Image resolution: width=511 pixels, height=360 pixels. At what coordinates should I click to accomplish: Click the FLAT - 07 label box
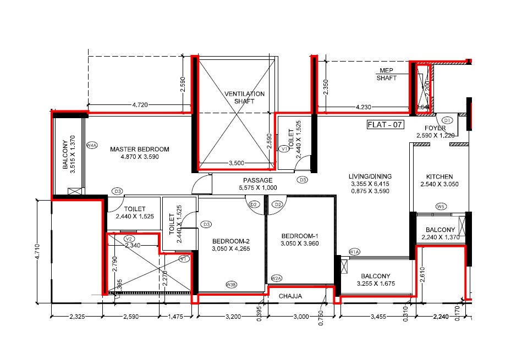click(385, 125)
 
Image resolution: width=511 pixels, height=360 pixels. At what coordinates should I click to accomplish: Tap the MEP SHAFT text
click(387, 74)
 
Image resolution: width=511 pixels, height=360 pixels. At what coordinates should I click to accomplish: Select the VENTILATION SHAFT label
click(245, 97)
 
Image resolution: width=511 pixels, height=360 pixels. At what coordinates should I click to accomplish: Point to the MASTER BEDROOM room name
click(139, 149)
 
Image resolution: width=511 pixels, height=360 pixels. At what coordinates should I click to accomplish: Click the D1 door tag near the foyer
click(447, 120)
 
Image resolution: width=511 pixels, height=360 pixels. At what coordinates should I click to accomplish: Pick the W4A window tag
click(92, 146)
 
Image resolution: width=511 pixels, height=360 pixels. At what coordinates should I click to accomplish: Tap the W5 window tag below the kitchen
click(440, 207)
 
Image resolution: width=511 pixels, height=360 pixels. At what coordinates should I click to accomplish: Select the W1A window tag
click(354, 252)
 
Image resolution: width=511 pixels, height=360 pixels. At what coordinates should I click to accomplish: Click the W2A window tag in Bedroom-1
click(276, 278)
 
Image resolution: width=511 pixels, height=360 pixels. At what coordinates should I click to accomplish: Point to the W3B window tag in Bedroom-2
click(232, 284)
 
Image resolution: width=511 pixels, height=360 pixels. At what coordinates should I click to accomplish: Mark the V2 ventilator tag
click(129, 239)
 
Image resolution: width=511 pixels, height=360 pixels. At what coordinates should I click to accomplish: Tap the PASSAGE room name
click(258, 180)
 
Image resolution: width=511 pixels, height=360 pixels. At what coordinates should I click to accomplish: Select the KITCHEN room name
click(439, 176)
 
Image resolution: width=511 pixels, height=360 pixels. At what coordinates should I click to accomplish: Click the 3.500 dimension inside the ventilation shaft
click(236, 163)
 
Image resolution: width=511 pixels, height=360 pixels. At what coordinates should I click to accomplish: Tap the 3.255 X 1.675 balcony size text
click(376, 284)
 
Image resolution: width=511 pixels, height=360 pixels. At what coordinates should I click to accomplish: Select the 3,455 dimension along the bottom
click(378, 317)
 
